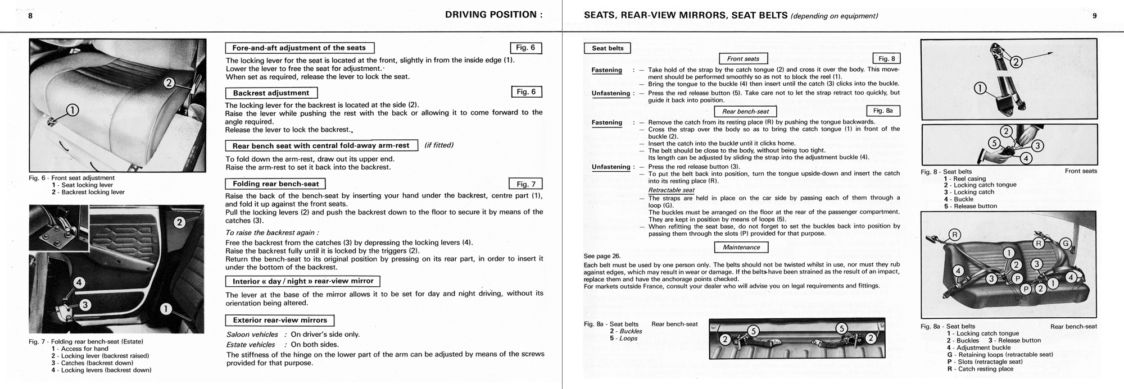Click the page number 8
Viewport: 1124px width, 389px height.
pyautogui.click(x=30, y=16)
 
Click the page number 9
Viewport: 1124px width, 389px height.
pyautogui.click(x=1094, y=16)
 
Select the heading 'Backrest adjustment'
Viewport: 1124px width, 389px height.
pyautogui.click(x=271, y=93)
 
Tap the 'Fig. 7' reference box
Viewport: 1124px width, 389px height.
pyautogui.click(x=525, y=184)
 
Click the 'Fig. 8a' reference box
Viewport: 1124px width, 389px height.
pyautogui.click(x=883, y=111)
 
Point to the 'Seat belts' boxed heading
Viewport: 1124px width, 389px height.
pyautogui.click(x=608, y=48)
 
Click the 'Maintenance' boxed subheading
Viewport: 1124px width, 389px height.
pyautogui.click(x=741, y=247)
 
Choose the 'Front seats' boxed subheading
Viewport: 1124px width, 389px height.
pyautogui.click(x=743, y=58)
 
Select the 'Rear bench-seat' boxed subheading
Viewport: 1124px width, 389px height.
pyautogui.click(x=745, y=111)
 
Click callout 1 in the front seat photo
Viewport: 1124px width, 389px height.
pyautogui.click(x=74, y=110)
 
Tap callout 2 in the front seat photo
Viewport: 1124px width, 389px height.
pyautogui.click(x=169, y=83)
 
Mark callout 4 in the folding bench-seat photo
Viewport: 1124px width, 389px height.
pyautogui.click(x=79, y=282)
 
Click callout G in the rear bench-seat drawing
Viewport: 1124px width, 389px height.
pyautogui.click(x=1065, y=243)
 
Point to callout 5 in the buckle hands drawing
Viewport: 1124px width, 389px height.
pyautogui.click(x=994, y=143)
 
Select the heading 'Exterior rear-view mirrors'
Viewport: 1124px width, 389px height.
pyautogui.click(x=279, y=320)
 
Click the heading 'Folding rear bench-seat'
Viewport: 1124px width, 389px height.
pyautogui.click(x=275, y=184)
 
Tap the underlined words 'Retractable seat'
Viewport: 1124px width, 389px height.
pyautogui.click(x=671, y=190)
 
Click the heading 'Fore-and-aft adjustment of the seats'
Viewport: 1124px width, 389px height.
pyautogui.click(x=299, y=48)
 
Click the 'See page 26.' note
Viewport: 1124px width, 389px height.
pyautogui.click(x=602, y=256)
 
